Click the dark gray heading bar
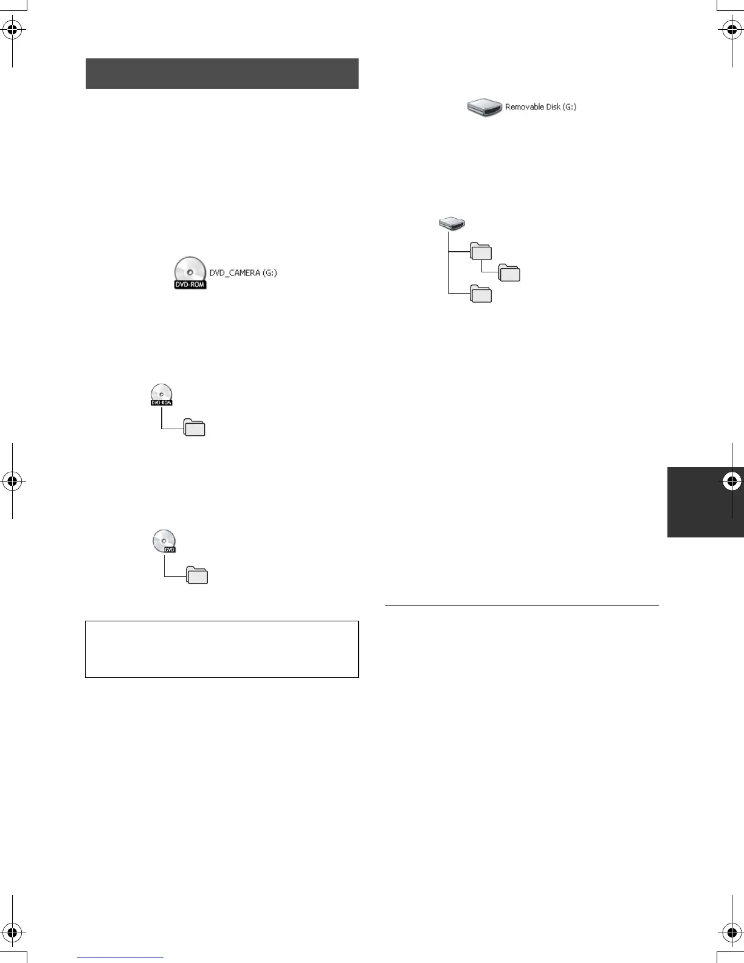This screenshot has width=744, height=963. coord(222,74)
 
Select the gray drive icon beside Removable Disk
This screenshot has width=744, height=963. coord(484,108)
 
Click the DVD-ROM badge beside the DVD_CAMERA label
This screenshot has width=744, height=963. coord(190,284)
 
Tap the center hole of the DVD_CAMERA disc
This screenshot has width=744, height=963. coord(190,271)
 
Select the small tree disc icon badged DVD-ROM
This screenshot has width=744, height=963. coord(162,395)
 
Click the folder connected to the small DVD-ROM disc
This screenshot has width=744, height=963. coord(195,428)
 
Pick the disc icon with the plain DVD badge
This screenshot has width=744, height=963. coord(164,541)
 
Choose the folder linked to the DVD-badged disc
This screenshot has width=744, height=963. coord(197,575)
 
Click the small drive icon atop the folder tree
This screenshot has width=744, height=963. coord(452,224)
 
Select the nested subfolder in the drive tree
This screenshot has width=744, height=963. coord(509,273)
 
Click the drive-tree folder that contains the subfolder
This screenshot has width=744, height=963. coord(481,251)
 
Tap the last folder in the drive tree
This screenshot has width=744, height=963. coord(481,294)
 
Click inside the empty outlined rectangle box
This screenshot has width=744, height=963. coord(222,649)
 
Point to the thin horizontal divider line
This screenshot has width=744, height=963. coord(522,606)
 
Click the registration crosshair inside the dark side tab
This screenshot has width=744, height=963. coord(732,481)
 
